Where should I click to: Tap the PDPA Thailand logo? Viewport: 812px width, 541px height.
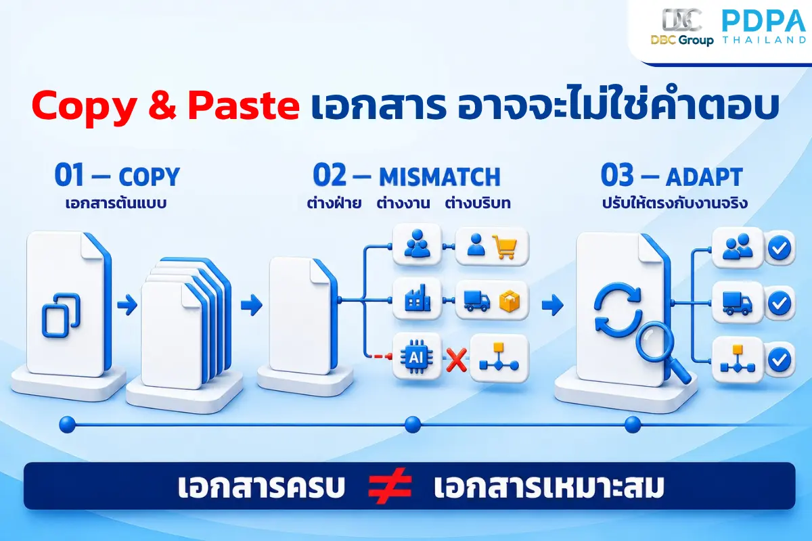click(x=764, y=26)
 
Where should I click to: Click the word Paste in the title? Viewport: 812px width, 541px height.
click(x=244, y=105)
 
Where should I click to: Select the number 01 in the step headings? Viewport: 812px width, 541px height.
click(x=69, y=175)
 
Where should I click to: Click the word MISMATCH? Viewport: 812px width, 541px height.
click(x=440, y=177)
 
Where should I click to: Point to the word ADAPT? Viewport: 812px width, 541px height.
click(x=704, y=177)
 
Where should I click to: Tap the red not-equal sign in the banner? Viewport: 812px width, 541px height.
click(x=390, y=486)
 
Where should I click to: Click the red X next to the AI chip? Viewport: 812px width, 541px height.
click(x=456, y=360)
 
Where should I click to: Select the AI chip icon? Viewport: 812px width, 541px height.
click(x=416, y=357)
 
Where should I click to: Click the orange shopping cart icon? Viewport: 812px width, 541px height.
click(x=504, y=246)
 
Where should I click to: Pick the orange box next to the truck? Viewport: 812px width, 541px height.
click(x=509, y=301)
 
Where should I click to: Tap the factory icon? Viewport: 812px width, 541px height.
click(x=418, y=298)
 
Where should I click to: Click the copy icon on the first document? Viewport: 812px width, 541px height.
click(x=62, y=315)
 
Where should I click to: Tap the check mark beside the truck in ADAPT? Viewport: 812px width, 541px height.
click(x=780, y=303)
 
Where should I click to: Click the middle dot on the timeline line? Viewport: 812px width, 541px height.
click(x=413, y=424)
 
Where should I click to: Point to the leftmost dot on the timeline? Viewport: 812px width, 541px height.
click(x=68, y=424)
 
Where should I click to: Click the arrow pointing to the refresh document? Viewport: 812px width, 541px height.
click(x=552, y=305)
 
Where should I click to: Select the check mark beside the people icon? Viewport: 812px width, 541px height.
click(x=780, y=248)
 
